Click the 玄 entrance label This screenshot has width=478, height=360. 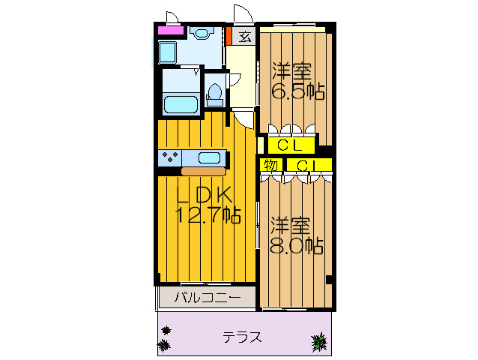pyautogui.click(x=245, y=35)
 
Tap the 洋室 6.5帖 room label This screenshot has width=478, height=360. pyautogui.click(x=297, y=81)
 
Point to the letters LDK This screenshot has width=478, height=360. pyautogui.click(x=205, y=193)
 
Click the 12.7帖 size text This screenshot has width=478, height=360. pyautogui.click(x=208, y=215)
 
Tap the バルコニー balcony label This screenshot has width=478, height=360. pyautogui.click(x=208, y=298)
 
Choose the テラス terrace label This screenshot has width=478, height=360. pyautogui.click(x=242, y=337)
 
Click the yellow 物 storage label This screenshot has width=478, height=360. pyautogui.click(x=270, y=164)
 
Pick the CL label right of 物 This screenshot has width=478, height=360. pyautogui.click(x=308, y=164)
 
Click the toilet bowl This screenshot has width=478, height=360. pyautogui.click(x=214, y=93)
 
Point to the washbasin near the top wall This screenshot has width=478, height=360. pyautogui.click(x=200, y=32)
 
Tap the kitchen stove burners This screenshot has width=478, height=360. pyautogui.click(x=169, y=157)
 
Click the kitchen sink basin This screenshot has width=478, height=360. pyautogui.click(x=209, y=157)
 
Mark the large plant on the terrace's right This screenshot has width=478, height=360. pyautogui.click(x=320, y=344)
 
